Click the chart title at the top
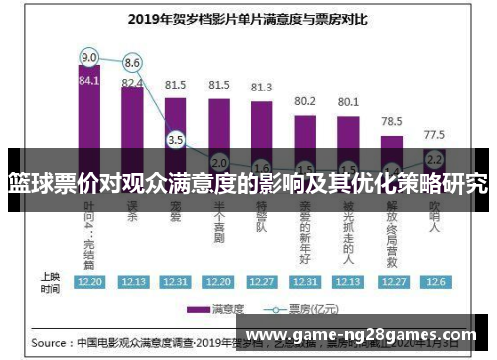(249, 18)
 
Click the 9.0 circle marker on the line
(89, 56)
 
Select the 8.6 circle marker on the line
(132, 62)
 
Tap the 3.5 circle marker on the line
(176, 140)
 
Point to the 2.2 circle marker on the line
(434, 158)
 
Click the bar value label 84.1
(89, 80)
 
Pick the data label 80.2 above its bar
(305, 101)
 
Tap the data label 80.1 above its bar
(348, 101)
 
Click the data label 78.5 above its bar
(392, 120)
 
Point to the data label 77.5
(434, 133)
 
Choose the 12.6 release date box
(434, 282)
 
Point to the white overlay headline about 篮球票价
(248, 183)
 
